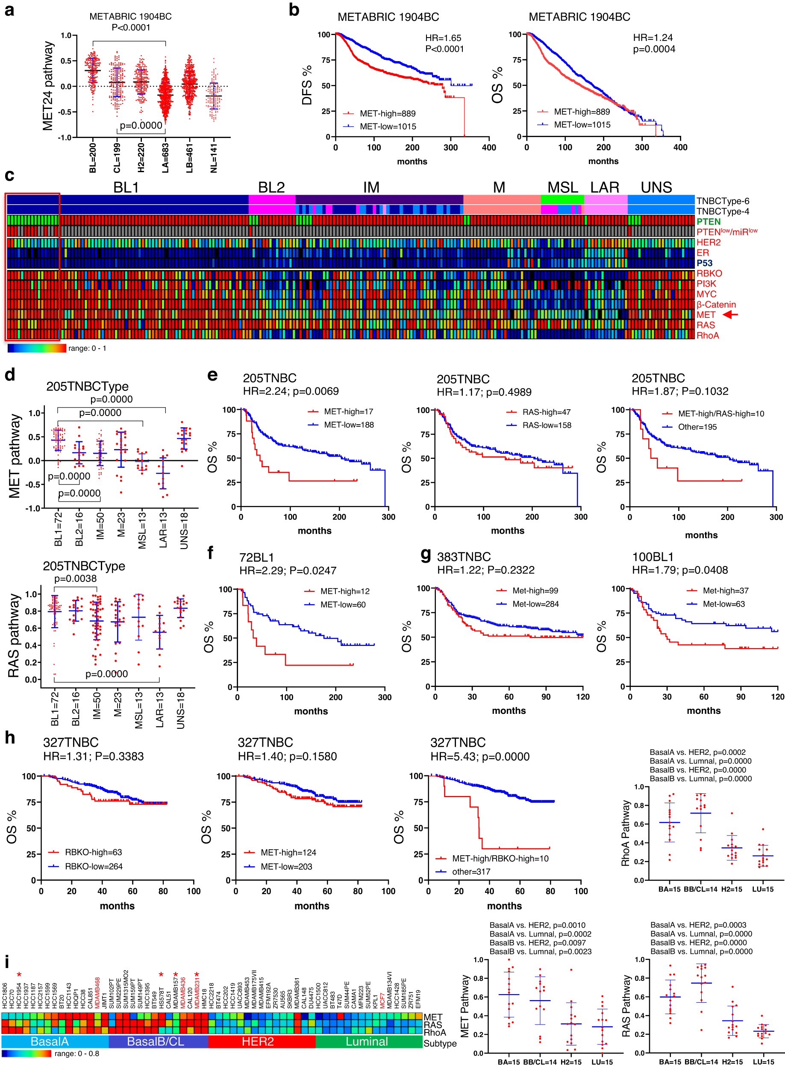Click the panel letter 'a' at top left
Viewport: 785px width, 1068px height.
[x=9, y=10]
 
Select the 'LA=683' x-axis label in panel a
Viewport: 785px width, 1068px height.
[x=165, y=158]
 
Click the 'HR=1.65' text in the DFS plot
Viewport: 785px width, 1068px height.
[x=443, y=38]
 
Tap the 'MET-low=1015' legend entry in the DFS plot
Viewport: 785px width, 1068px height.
[x=387, y=126]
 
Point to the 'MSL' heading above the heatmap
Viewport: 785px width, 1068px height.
[x=563, y=187]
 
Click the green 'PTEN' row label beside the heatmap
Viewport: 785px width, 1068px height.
[x=709, y=221]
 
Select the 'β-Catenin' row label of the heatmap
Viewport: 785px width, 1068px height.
[x=716, y=305]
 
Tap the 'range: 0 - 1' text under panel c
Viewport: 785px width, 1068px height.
[x=87, y=348]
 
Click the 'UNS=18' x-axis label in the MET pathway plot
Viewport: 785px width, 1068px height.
[x=184, y=530]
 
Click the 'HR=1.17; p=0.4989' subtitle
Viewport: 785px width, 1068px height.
[x=484, y=392]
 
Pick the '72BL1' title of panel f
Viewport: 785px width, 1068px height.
[x=256, y=557]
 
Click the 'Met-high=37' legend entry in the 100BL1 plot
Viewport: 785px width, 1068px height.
[x=725, y=590]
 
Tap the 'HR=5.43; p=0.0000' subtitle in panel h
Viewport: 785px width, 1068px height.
[x=479, y=756]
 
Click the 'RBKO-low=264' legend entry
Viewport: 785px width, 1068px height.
[x=94, y=866]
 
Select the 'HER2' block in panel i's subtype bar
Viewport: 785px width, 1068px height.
[x=258, y=1042]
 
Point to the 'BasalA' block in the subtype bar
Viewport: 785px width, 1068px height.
[x=50, y=1042]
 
